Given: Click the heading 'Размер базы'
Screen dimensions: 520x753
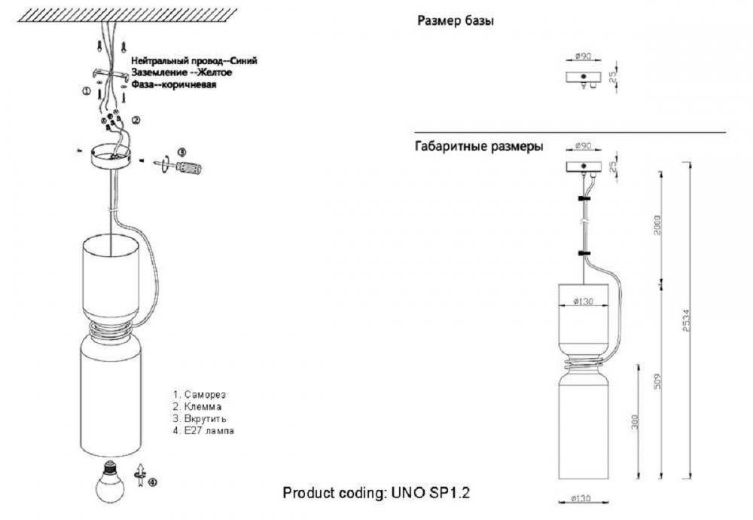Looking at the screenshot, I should tap(456, 21).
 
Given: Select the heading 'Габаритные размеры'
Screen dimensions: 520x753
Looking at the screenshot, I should tap(479, 146).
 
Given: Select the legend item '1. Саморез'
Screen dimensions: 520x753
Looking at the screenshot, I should tap(200, 394).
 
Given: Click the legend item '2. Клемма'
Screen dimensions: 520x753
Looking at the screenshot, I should tap(197, 406).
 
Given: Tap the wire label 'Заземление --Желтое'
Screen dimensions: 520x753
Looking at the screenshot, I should tap(181, 72).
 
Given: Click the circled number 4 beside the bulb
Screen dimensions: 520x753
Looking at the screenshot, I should tap(154, 483).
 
